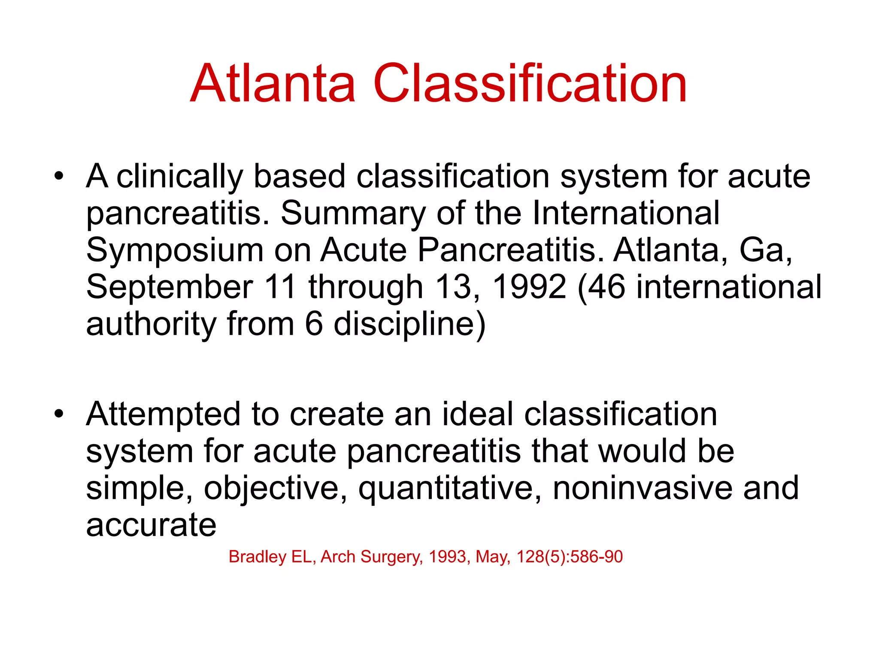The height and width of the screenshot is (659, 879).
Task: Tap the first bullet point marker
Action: coord(59,176)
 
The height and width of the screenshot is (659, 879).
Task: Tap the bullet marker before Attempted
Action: coord(59,414)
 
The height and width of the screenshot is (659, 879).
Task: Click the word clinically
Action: coord(179,177)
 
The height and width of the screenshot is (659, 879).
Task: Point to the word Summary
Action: coord(353,213)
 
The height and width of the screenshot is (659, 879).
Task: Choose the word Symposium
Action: coord(175,251)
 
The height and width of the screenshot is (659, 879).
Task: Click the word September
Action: coord(170,287)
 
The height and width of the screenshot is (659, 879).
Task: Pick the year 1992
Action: coord(529,287)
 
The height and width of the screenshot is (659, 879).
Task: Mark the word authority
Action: coord(151,324)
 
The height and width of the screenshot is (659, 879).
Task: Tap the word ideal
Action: coord(477,414)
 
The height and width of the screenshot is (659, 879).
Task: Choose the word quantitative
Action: coord(450,489)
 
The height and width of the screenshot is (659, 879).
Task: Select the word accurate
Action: coord(151,525)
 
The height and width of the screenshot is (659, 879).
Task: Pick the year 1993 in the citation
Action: coord(448,557)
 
